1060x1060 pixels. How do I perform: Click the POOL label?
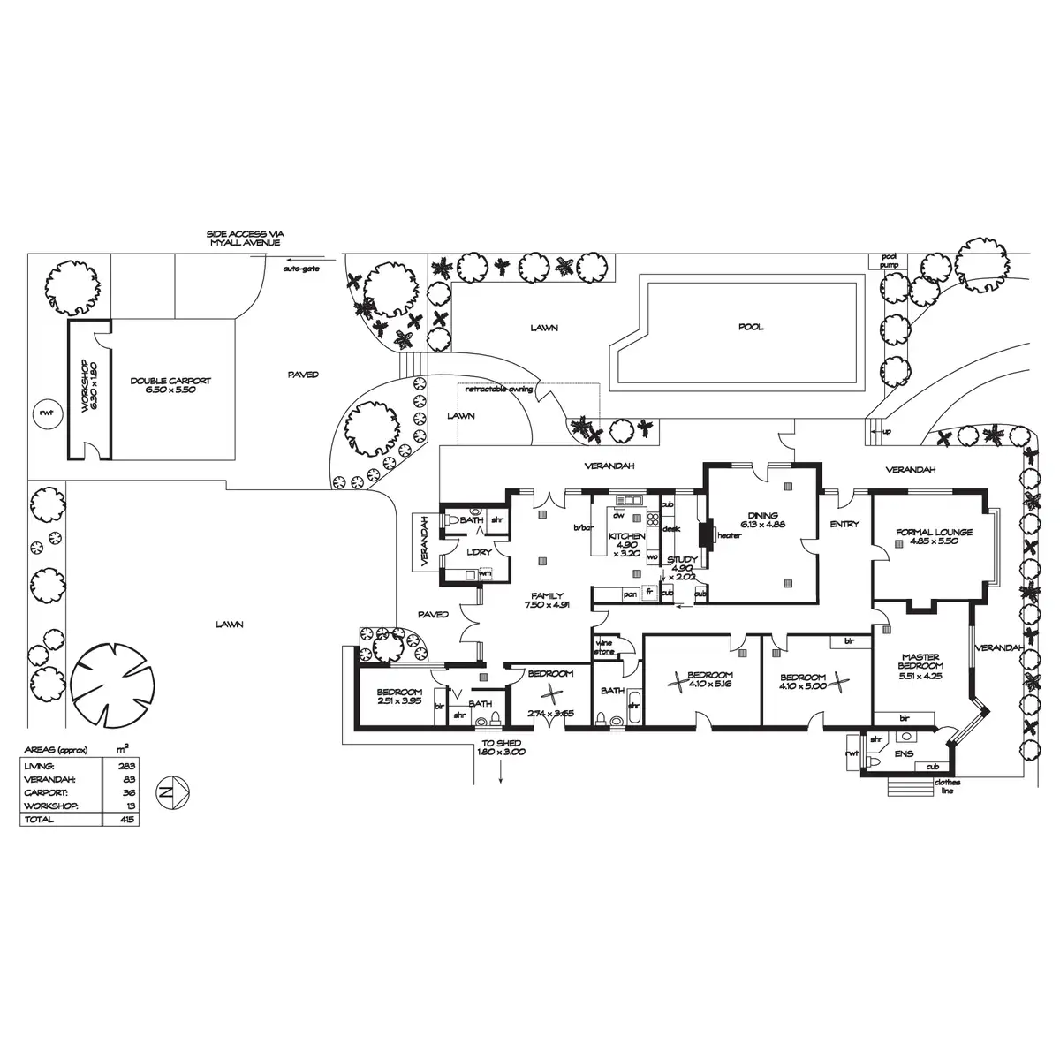tap(751, 327)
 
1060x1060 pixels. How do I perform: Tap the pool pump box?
tap(888, 261)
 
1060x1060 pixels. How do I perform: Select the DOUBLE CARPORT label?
tap(170, 385)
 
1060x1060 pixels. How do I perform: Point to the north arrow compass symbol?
tap(171, 789)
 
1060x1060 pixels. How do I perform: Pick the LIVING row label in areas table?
tap(41, 766)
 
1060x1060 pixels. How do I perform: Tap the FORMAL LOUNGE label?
tap(934, 533)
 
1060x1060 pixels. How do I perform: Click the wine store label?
tap(605, 646)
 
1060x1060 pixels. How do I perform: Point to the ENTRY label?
tap(844, 525)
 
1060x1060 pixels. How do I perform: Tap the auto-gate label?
tap(300, 268)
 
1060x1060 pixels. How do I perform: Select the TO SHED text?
tap(501, 743)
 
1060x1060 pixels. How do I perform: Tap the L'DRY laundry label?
tap(478, 552)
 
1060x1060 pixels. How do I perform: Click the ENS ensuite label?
tap(904, 753)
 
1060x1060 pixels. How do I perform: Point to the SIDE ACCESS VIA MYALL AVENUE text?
tap(246, 238)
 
